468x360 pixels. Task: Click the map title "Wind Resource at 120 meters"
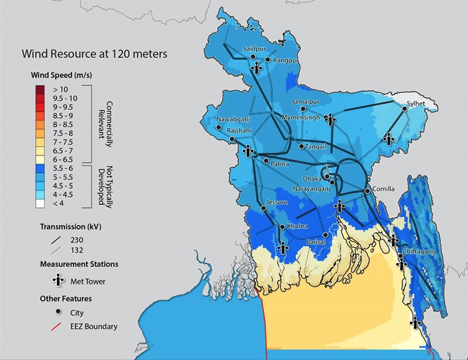pyautogui.click(x=95, y=54)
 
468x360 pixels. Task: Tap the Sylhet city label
pyautogui.click(x=416, y=103)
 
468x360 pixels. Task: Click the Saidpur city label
pyautogui.click(x=254, y=49)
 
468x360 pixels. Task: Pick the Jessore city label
pyautogui.click(x=276, y=203)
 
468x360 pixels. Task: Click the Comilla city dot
pyautogui.click(x=369, y=190)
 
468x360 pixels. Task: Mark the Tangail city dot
pyautogui.click(x=300, y=146)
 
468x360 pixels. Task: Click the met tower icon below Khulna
pyautogui.click(x=283, y=247)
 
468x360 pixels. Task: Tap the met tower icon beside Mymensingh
pyautogui.click(x=331, y=119)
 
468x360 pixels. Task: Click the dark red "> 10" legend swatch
pyautogui.click(x=40, y=89)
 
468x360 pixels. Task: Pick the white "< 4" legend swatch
pyautogui.click(x=40, y=203)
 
